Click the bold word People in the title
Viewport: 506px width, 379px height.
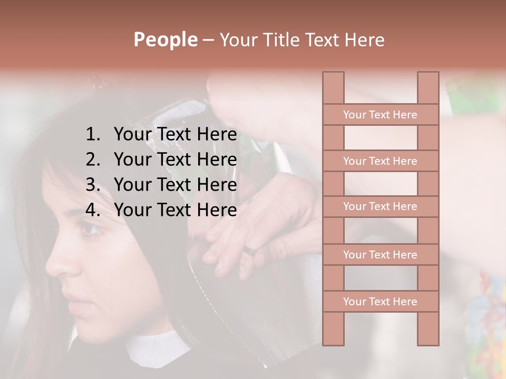pos(165,39)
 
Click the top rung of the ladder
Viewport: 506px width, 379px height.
pos(380,115)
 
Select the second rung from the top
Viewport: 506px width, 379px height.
pos(380,161)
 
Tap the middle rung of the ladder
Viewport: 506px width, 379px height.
pos(380,206)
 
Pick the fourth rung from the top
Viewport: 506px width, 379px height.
pos(380,255)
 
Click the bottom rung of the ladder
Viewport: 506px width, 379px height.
pos(380,302)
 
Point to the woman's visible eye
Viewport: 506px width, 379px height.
pos(90,229)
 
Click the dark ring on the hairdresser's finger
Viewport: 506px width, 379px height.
pos(251,251)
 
